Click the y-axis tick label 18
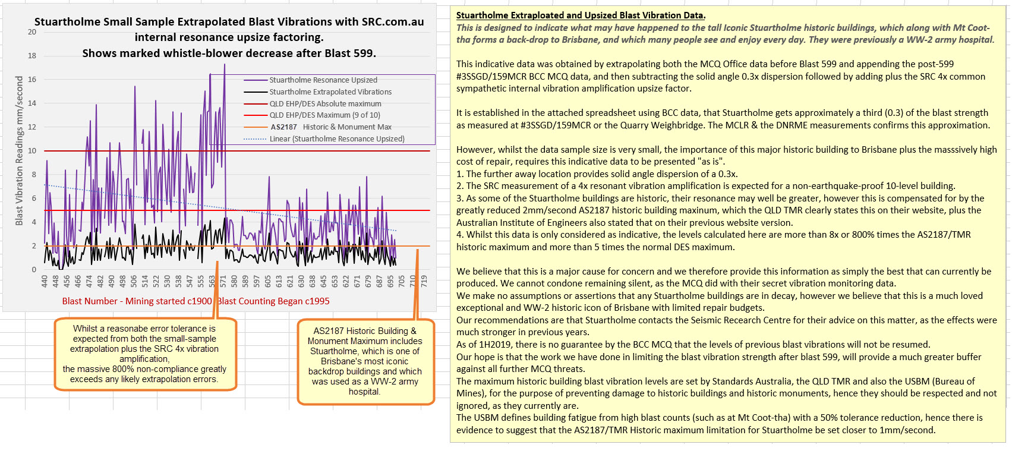click(32, 56)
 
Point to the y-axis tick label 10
click(32, 151)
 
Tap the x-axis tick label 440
click(45, 281)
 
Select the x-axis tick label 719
click(424, 281)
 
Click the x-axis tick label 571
click(223, 281)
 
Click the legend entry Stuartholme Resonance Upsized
click(323, 80)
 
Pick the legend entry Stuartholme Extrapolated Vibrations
click(330, 92)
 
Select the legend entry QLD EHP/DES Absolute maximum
click(325, 104)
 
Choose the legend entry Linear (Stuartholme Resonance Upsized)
click(337, 139)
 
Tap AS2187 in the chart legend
click(284, 127)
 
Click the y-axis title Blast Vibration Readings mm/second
click(19, 151)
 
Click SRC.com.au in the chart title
click(393, 22)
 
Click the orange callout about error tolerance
click(144, 354)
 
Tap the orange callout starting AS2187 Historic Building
click(365, 361)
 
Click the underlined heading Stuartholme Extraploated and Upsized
click(581, 15)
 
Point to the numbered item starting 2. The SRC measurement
click(705, 186)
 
